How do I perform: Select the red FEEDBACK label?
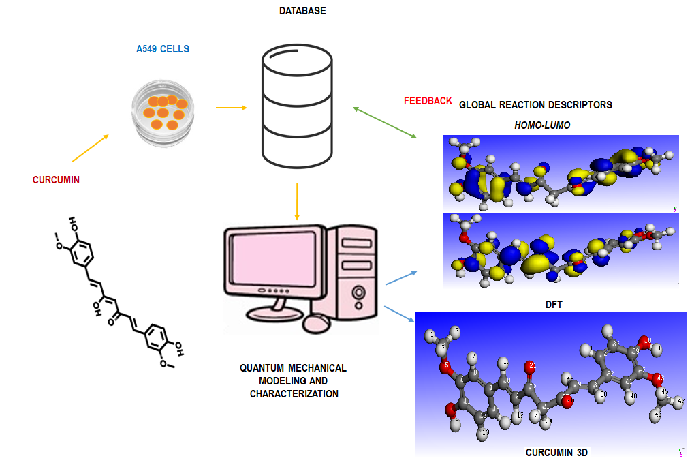click(x=428, y=101)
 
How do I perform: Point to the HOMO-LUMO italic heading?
click(x=542, y=125)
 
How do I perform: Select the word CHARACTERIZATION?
click(x=294, y=394)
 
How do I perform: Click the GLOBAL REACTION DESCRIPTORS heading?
click(x=535, y=105)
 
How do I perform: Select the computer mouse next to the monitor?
click(x=320, y=323)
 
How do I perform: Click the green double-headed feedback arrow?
click(x=385, y=123)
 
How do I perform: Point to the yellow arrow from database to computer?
click(x=297, y=201)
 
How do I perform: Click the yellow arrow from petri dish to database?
click(x=231, y=107)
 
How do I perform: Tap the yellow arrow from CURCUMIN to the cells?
click(x=89, y=149)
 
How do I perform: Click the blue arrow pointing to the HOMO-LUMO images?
click(x=401, y=277)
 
